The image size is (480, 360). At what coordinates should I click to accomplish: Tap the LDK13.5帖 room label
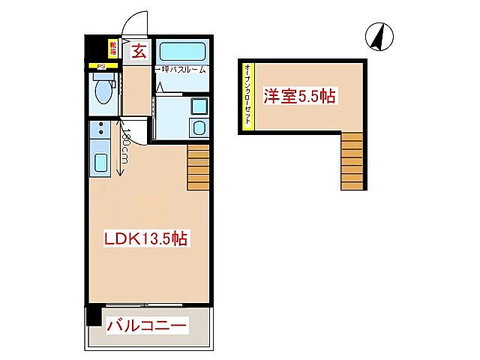point(145,238)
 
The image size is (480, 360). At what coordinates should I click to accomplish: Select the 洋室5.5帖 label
point(298,96)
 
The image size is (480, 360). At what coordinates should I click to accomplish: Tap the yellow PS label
point(100,66)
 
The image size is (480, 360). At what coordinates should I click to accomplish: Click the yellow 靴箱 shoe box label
point(113,50)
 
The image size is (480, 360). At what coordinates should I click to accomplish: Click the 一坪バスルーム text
point(181,70)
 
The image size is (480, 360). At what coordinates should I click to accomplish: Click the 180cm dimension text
point(127,149)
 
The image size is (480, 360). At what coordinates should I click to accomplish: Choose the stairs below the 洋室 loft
point(352,162)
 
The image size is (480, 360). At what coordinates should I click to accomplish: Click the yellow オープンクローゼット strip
point(247,97)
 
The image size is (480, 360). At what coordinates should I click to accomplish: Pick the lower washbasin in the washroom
point(198,127)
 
